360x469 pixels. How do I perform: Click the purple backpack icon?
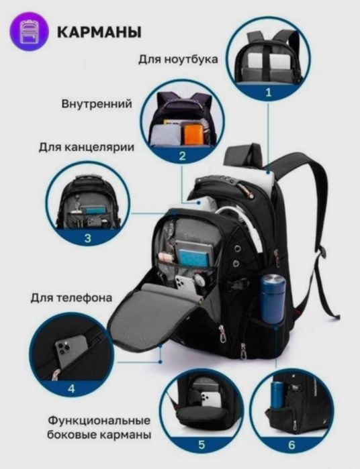[30, 32]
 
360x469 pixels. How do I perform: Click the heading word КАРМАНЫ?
[99, 32]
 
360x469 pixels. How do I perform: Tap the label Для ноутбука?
[178, 60]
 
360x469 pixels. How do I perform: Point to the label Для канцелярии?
[92, 146]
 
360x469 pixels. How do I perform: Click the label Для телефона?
[71, 297]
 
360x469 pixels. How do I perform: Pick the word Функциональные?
[98, 421]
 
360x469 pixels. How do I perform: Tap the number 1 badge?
[268, 93]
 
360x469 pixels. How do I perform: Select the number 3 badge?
[88, 238]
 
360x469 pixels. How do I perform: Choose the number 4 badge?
[72, 388]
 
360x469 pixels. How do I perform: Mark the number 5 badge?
[201, 444]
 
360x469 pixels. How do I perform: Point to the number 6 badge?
[291, 444]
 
